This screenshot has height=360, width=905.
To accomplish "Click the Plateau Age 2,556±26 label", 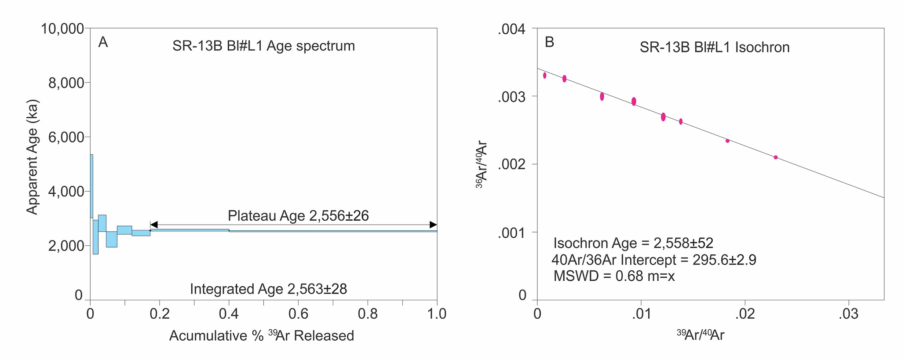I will (x=298, y=216).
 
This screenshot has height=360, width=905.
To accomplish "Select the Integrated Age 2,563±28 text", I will (x=268, y=289).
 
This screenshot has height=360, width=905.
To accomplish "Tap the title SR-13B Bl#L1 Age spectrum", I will (x=263, y=46).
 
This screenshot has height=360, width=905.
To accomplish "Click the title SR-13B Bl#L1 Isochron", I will (x=714, y=47).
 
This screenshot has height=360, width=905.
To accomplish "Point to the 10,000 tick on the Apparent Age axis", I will (x=62, y=29).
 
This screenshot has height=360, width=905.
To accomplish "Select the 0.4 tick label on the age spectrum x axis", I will (x=229, y=314).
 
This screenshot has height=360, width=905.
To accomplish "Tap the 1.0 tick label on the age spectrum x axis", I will (x=437, y=314).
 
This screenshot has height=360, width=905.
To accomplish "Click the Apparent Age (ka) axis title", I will (x=33, y=157).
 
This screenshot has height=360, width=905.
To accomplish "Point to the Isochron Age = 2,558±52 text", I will (x=633, y=243).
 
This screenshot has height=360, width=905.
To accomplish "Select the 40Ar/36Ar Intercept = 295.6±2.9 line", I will (x=653, y=260).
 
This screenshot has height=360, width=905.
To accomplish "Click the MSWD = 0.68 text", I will (x=614, y=276).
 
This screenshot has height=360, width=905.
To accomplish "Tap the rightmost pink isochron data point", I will (x=776, y=157).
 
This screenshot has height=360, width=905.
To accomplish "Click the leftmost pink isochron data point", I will (x=544, y=76).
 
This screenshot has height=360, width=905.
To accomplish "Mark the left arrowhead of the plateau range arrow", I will (x=153, y=225).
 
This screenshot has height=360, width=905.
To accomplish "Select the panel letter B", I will (x=549, y=42).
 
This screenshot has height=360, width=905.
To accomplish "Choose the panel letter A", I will (x=103, y=42).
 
